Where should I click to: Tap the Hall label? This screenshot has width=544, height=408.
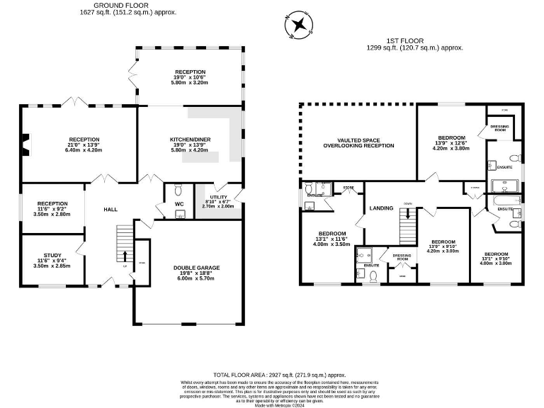(110, 210)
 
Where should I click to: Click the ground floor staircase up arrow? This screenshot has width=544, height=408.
(125, 256)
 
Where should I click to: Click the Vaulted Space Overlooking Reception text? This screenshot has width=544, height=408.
(358, 142)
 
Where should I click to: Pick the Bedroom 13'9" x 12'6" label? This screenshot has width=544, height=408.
(451, 142)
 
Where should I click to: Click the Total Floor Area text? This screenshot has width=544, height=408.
(280, 375)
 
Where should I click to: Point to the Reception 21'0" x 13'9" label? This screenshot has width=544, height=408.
(84, 144)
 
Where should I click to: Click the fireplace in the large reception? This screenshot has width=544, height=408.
(25, 144)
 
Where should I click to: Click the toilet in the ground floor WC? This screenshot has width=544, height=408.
(178, 191)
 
